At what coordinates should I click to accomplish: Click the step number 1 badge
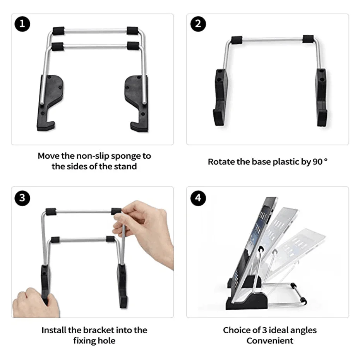[22, 24]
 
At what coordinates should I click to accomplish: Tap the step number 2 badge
[198, 24]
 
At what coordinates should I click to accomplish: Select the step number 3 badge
[22, 198]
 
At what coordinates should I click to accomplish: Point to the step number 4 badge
[198, 198]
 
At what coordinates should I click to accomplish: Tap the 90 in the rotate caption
[317, 162]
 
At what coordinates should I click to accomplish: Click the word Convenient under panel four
[270, 341]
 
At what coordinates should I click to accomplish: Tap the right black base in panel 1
[136, 102]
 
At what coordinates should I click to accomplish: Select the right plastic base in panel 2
[321, 97]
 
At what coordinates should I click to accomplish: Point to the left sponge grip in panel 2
[237, 39]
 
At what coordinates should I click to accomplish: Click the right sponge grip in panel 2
[308, 39]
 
